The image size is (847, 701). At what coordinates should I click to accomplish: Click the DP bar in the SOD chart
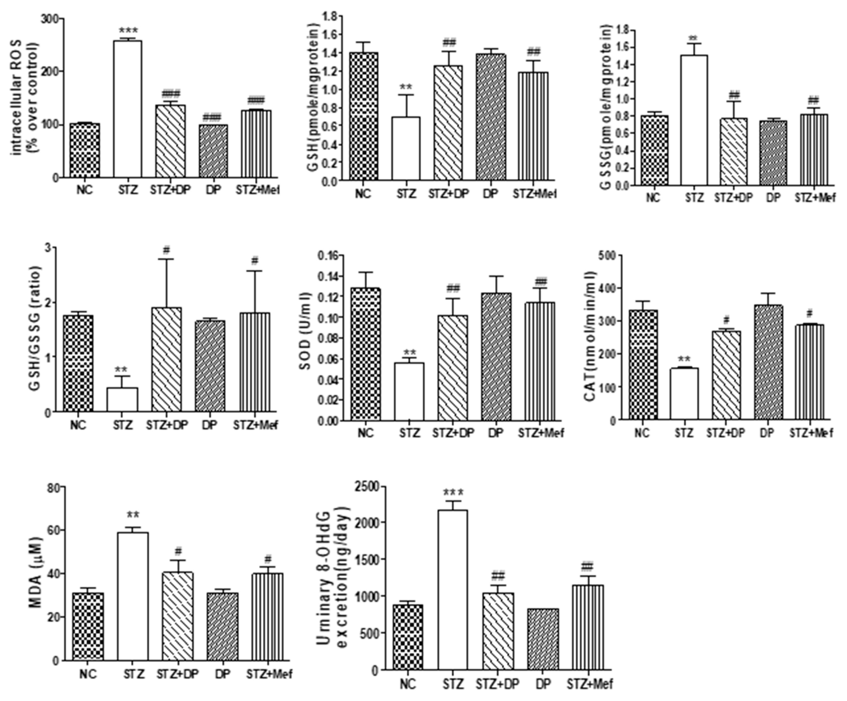pyautogui.click(x=496, y=357)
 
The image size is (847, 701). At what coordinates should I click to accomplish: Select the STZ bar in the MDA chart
pyautogui.click(x=133, y=596)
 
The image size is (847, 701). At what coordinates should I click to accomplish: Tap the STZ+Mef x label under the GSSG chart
pyautogui.click(x=815, y=198)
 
